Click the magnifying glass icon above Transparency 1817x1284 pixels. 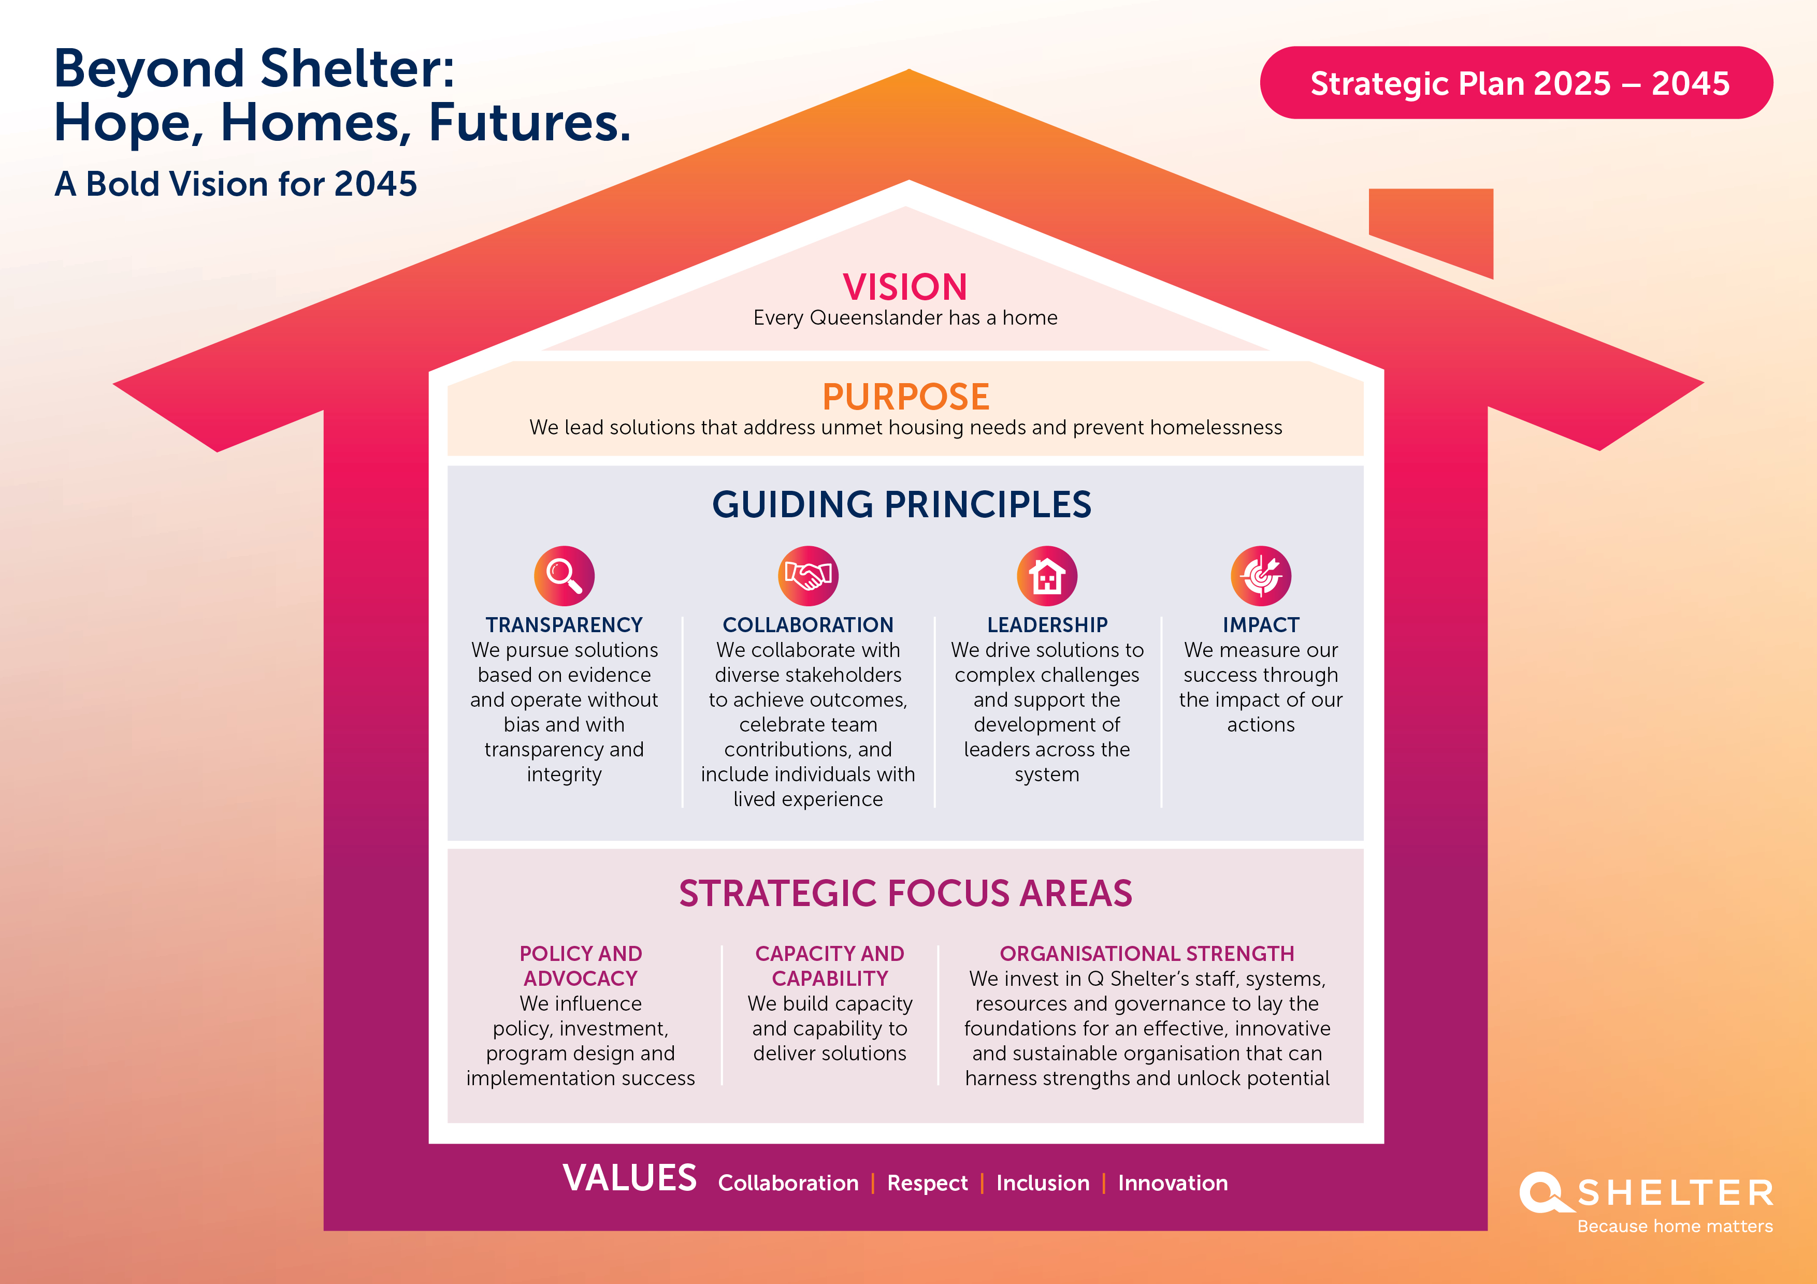pos(564,575)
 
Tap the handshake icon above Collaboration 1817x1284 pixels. pos(808,575)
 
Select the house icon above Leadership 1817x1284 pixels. pos(1047,575)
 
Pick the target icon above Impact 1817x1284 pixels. pos(1261,575)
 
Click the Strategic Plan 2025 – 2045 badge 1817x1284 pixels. pos(1516,83)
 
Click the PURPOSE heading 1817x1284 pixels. pos(905,397)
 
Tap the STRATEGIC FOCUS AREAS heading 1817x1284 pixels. pos(905,893)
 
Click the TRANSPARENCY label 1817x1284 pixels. pos(564,625)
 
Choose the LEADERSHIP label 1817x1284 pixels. pos(1047,625)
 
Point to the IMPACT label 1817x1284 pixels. pos(1261,625)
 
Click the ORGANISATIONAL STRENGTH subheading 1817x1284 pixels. pos(1147,953)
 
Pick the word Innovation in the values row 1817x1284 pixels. pos(1173,1183)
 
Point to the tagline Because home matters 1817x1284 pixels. pos(1675,1226)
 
